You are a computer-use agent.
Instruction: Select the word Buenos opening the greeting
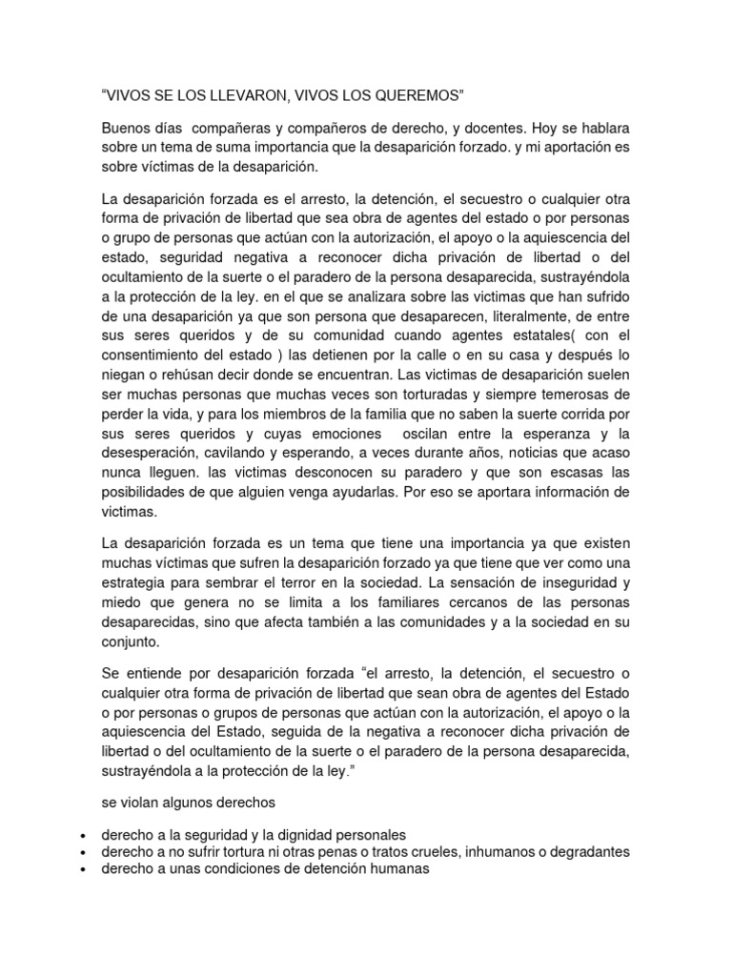pyautogui.click(x=127, y=127)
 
